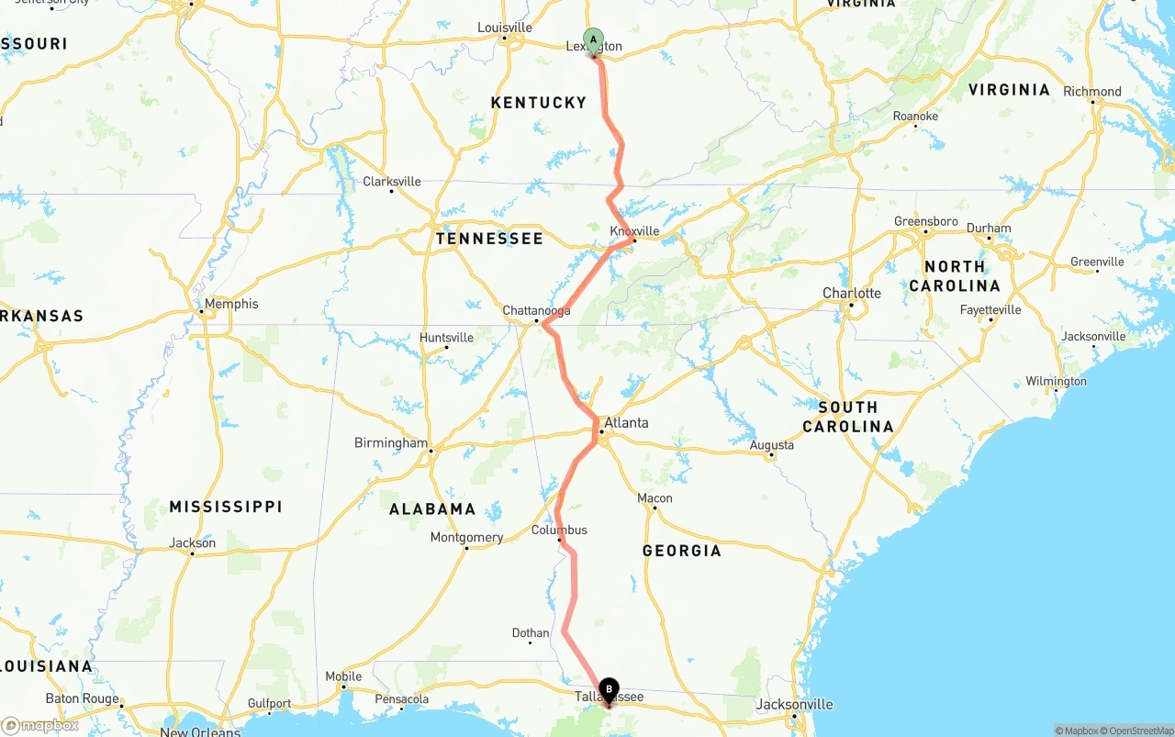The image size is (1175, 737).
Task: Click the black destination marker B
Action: click(x=609, y=690)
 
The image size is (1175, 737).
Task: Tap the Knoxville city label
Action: click(x=634, y=230)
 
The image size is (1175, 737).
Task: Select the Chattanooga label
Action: click(x=536, y=311)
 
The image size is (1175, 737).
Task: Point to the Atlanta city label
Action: click(x=626, y=423)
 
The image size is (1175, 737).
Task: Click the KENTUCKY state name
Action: click(x=538, y=103)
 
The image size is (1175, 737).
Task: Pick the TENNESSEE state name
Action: click(x=489, y=239)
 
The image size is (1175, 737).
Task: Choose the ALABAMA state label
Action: click(x=431, y=509)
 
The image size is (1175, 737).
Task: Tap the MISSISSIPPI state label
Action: click(x=226, y=507)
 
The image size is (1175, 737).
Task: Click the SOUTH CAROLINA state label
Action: click(x=847, y=417)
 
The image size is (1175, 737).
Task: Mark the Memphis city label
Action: click(x=231, y=304)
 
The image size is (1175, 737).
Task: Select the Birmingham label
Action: click(x=391, y=443)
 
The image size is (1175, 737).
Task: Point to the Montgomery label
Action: click(x=466, y=537)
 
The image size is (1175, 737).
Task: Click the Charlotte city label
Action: click(x=851, y=294)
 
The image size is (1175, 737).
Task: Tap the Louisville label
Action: click(x=504, y=28)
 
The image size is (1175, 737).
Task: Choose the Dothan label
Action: click(x=530, y=633)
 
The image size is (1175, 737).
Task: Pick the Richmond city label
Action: click(x=1091, y=92)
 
